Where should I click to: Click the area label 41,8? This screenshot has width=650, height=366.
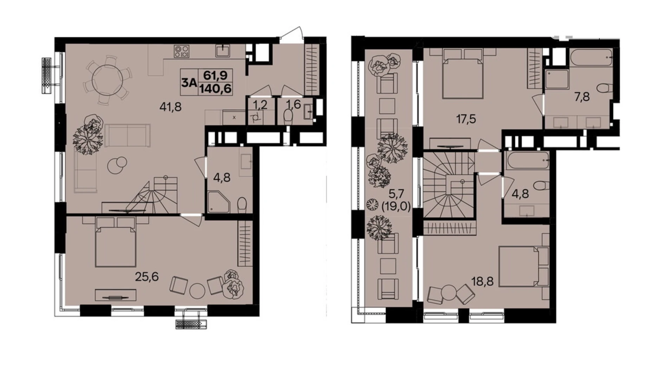[x=170, y=106]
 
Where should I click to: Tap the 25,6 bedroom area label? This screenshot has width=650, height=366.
[x=147, y=277]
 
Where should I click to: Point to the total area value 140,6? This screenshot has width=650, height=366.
[x=215, y=88]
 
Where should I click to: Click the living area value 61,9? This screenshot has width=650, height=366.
[x=215, y=75]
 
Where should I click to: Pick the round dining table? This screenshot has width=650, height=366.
[x=107, y=80]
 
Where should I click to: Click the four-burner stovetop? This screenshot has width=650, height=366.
[x=181, y=51]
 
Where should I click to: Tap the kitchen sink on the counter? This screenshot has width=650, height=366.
[x=223, y=51]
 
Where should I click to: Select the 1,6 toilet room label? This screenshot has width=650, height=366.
[x=293, y=105]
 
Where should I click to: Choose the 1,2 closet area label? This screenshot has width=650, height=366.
[x=260, y=105]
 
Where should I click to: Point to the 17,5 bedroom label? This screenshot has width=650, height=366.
[x=466, y=119]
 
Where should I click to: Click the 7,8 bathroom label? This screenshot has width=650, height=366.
[x=582, y=96]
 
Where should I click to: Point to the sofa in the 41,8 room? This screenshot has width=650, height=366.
[x=128, y=135]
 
